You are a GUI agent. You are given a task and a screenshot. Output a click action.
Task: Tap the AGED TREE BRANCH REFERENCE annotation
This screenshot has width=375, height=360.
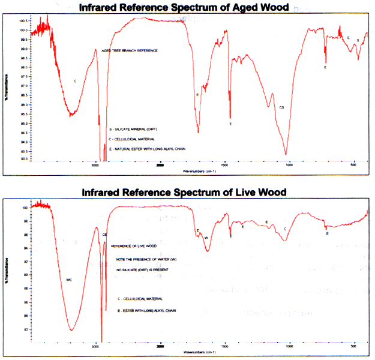(130, 51)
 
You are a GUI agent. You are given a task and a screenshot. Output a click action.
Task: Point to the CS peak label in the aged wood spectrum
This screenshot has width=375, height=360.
(281, 107)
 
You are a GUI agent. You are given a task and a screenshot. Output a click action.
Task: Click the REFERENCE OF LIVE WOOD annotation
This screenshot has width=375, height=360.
(134, 246)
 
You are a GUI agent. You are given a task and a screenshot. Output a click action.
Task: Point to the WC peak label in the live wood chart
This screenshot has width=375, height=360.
(69, 280)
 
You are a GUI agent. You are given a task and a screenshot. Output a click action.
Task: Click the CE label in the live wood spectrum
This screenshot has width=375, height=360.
(105, 235)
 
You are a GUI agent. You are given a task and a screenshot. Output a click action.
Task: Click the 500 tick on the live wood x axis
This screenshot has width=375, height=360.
(354, 347)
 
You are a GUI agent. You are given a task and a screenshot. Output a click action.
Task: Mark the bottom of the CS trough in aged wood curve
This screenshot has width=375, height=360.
(286, 154)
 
